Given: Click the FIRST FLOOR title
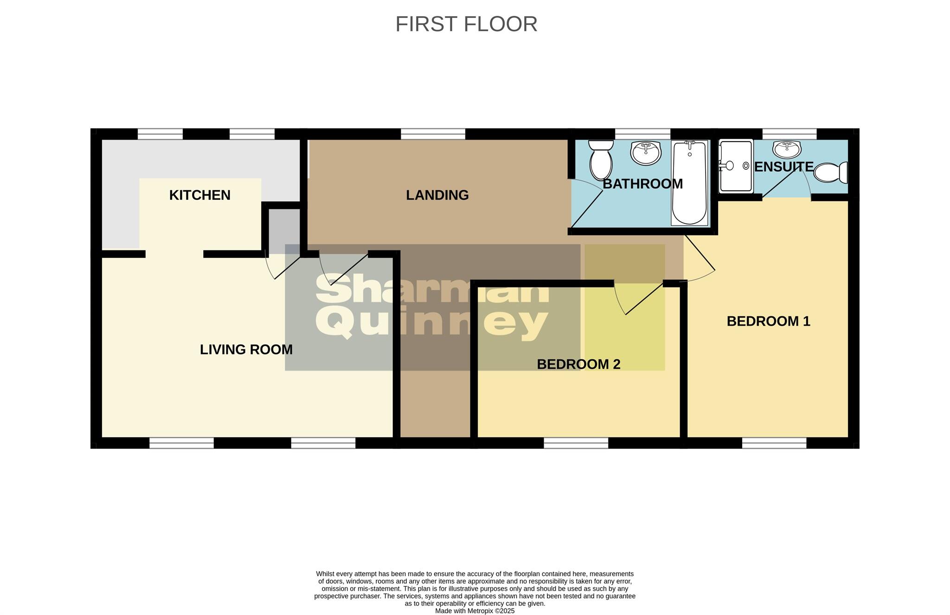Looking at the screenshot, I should (x=466, y=24).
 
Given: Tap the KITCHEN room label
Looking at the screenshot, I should (x=199, y=195).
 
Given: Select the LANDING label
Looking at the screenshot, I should (x=437, y=195).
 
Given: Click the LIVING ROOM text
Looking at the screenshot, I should (x=246, y=350).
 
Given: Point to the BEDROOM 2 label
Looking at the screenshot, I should (x=578, y=365).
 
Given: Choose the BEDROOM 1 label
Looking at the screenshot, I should (x=768, y=321).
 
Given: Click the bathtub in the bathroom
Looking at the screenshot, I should (x=689, y=183).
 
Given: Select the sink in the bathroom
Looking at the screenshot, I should (x=646, y=153).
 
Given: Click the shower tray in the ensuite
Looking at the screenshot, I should (x=736, y=166).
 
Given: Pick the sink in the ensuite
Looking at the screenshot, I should (x=787, y=149).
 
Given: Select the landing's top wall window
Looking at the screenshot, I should (x=433, y=134).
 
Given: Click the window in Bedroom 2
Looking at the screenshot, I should (x=576, y=443).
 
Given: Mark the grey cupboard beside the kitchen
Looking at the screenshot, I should (x=284, y=231).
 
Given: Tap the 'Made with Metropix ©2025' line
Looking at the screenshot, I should (x=475, y=611).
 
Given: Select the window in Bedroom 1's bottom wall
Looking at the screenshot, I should (x=774, y=443).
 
